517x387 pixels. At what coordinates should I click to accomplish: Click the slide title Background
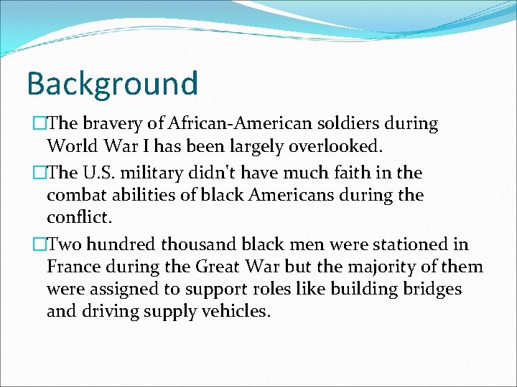112,83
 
